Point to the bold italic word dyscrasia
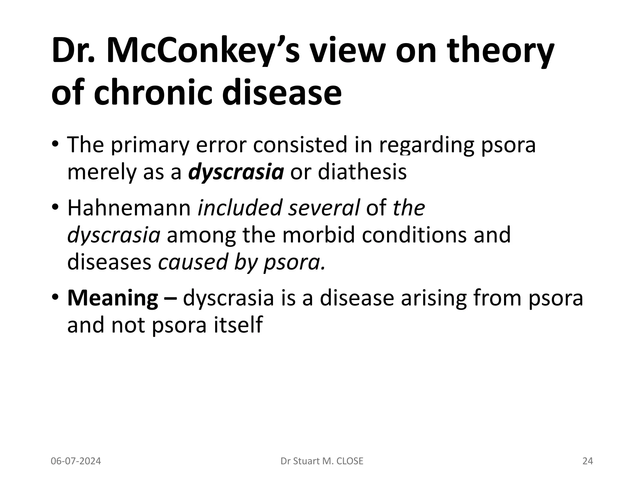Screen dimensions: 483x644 236,172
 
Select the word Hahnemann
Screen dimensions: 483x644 129,208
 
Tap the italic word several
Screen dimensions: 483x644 324,208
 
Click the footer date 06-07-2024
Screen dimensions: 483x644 76,461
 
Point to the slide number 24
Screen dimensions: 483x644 587,461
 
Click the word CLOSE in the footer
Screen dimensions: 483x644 349,461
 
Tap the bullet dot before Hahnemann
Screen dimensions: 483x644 55,208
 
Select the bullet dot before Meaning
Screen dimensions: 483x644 55,298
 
